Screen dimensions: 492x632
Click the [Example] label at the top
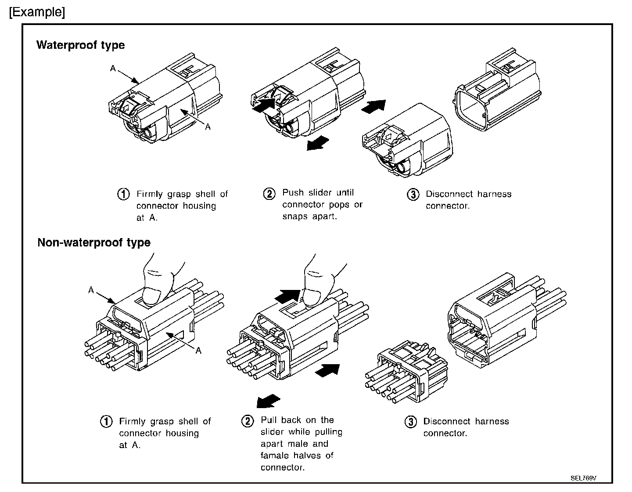pyautogui.click(x=37, y=12)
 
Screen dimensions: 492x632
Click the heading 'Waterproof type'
pyautogui.click(x=80, y=45)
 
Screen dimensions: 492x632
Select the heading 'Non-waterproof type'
pyautogui.click(x=94, y=242)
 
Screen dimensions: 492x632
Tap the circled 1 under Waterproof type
pyautogui.click(x=123, y=194)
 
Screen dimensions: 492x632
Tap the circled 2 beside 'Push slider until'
pyautogui.click(x=269, y=194)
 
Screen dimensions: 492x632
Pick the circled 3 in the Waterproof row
pyautogui.click(x=413, y=195)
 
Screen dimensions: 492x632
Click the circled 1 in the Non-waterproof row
pyautogui.click(x=106, y=422)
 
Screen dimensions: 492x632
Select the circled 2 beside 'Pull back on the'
pyautogui.click(x=248, y=421)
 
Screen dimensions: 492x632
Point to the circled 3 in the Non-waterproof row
pyautogui.click(x=410, y=422)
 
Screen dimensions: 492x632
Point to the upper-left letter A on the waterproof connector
pyautogui.click(x=113, y=69)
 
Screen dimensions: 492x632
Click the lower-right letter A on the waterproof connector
pyautogui.click(x=208, y=127)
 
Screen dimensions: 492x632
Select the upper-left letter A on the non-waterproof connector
pyautogui.click(x=91, y=290)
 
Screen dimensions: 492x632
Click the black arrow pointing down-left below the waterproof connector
pyautogui.click(x=317, y=142)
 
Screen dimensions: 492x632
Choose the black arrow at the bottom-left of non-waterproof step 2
pyautogui.click(x=268, y=401)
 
